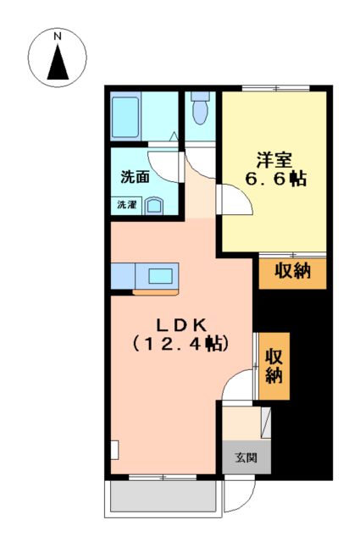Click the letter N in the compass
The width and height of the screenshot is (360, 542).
click(x=58, y=37)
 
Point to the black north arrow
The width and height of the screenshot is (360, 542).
click(x=58, y=63)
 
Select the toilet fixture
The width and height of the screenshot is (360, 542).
click(x=200, y=110)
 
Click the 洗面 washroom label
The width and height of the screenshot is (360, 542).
click(x=135, y=178)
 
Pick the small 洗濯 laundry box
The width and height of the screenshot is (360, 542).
click(x=126, y=205)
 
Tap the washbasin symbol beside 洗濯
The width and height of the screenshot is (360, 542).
click(x=155, y=206)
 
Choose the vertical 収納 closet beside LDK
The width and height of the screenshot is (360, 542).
click(x=274, y=366)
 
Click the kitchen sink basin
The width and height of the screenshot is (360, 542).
click(x=161, y=275)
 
